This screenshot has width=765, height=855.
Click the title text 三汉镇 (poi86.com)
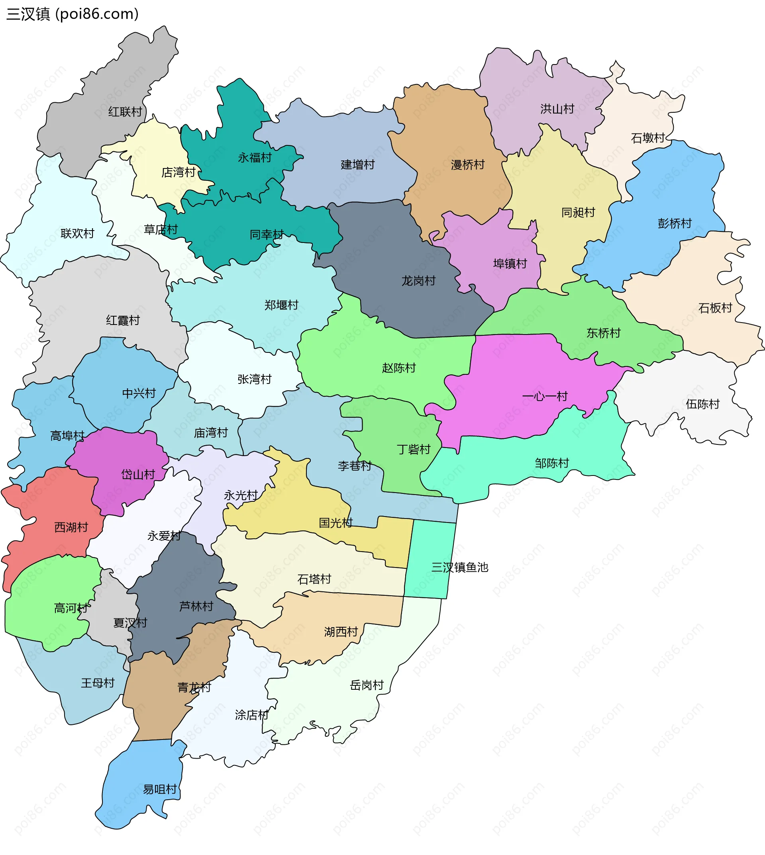pyautogui.click(x=72, y=14)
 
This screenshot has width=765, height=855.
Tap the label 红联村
pyautogui.click(x=125, y=112)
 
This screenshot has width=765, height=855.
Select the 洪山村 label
pyautogui.click(x=557, y=109)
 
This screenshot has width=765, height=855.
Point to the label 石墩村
pyautogui.click(x=648, y=138)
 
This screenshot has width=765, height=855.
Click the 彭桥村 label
pyautogui.click(x=674, y=223)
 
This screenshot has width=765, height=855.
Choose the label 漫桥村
pyautogui.click(x=467, y=165)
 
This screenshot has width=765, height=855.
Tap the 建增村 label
pyautogui.click(x=357, y=164)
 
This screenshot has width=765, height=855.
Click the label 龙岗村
pyautogui.click(x=418, y=281)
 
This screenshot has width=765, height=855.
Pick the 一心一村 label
pyautogui.click(x=544, y=396)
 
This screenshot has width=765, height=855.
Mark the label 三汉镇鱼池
pyautogui.click(x=459, y=567)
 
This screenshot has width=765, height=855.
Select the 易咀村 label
pyautogui.click(x=160, y=789)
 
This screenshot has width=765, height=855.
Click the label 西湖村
pyautogui.click(x=71, y=527)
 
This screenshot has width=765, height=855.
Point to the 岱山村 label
pyautogui.click(x=138, y=474)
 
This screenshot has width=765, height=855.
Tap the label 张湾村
pyautogui.click(x=254, y=379)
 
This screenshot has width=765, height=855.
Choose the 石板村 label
pyautogui.click(x=715, y=308)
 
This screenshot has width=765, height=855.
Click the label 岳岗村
pyautogui.click(x=367, y=685)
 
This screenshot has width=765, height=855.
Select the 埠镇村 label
pyautogui.click(x=510, y=264)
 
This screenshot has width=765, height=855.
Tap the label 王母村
pyautogui.click(x=98, y=683)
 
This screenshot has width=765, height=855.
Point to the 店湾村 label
pyautogui.click(x=178, y=172)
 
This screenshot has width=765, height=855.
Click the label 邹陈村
pyautogui.click(x=551, y=463)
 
